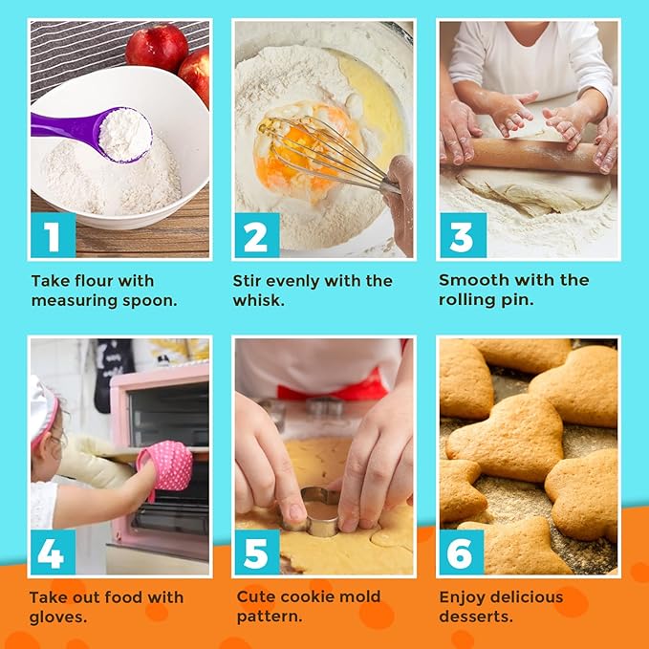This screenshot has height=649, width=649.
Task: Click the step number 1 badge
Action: point(54,235)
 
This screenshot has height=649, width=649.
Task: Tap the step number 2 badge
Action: point(257,235)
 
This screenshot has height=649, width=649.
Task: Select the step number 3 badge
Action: point(464,235)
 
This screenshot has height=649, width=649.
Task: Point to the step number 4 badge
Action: point(53,552)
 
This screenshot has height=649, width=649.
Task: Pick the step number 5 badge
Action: point(257,552)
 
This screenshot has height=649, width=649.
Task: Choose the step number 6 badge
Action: point(462,552)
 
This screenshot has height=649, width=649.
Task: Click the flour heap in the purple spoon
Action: point(125,135)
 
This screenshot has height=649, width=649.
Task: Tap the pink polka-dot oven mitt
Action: point(166,465)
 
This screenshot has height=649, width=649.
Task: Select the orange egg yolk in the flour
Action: point(298,153)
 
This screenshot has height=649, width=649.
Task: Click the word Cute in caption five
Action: point(255,596)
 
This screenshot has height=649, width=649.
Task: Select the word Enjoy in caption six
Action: point(462,598)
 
